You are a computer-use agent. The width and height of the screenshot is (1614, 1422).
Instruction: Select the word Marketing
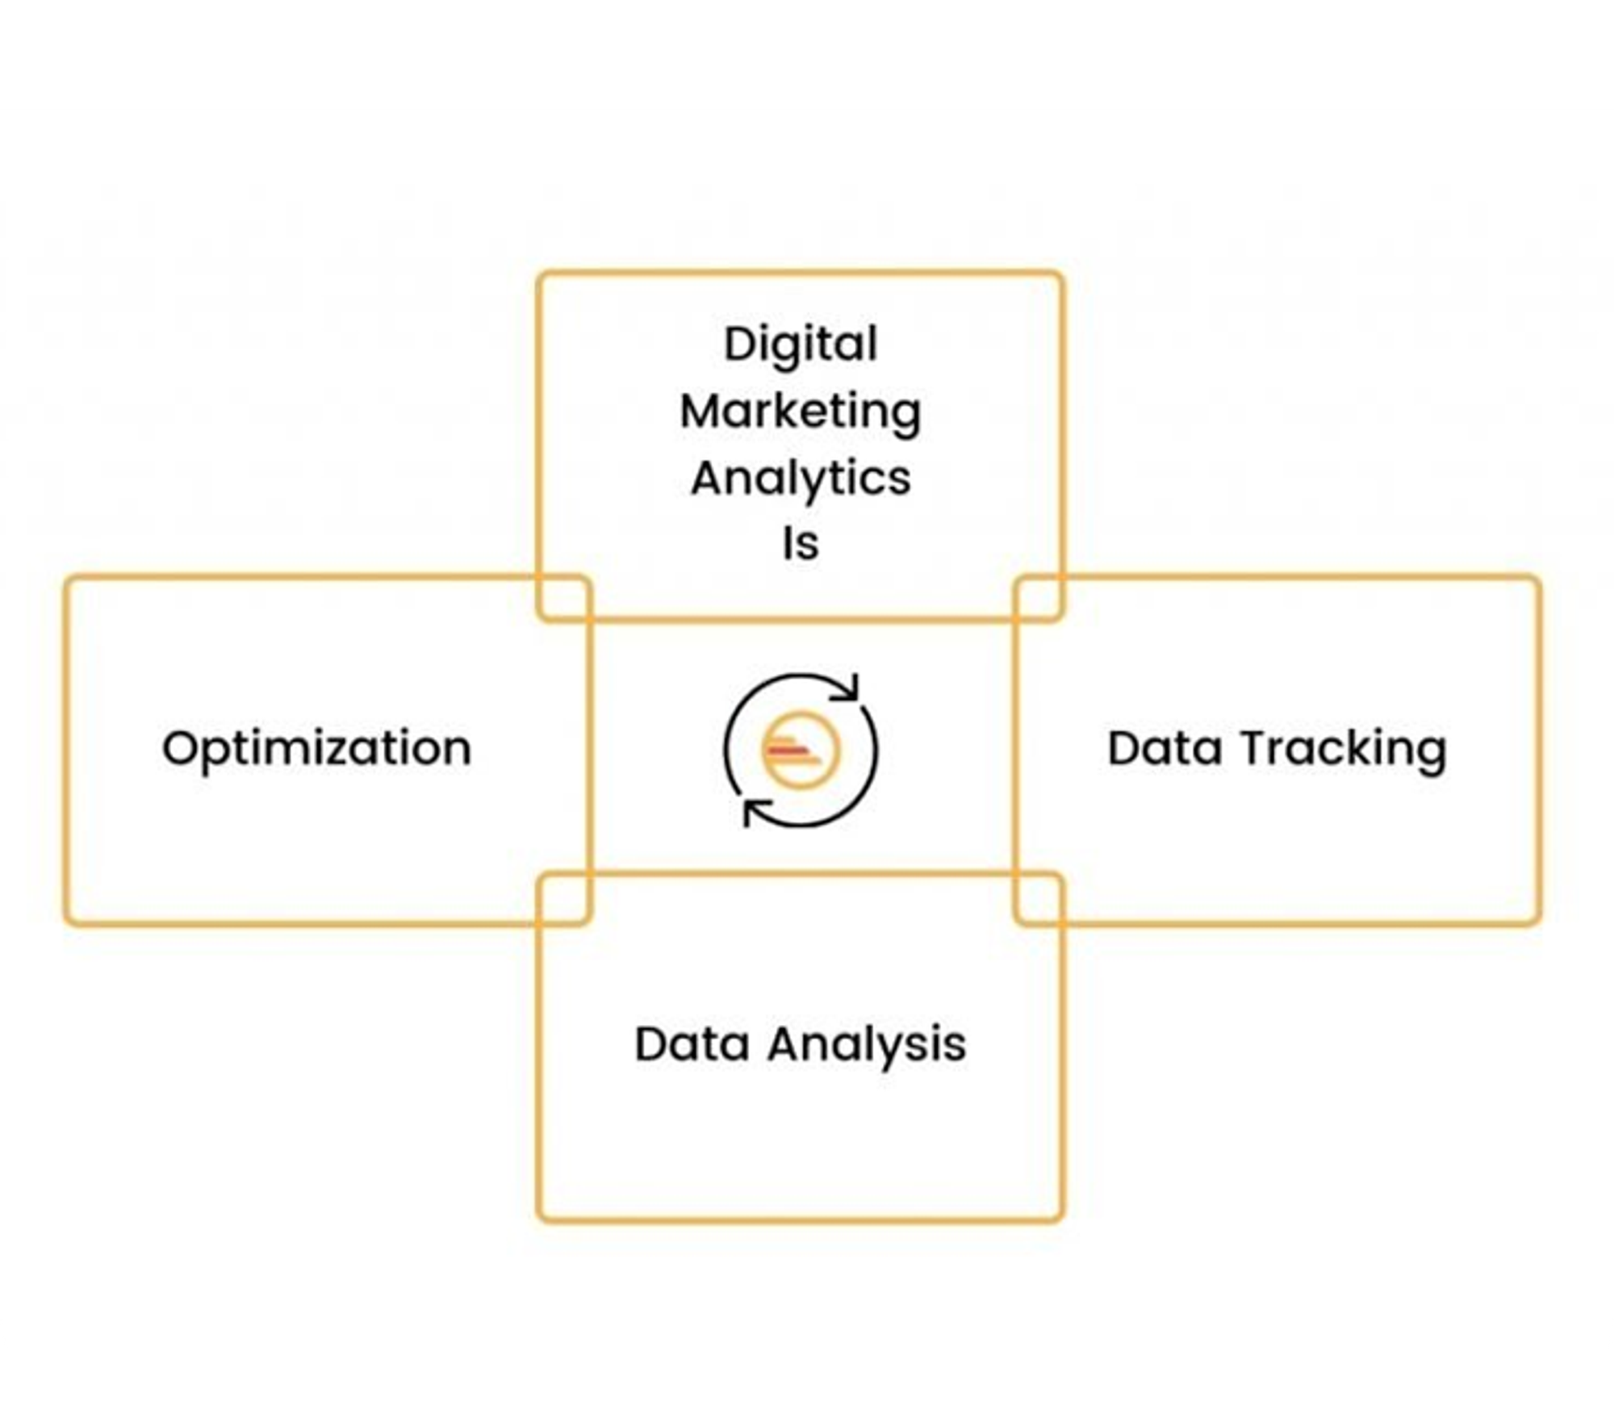point(801,413)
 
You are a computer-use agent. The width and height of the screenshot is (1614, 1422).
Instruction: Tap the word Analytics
point(801,479)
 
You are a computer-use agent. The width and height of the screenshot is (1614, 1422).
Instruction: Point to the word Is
point(801,544)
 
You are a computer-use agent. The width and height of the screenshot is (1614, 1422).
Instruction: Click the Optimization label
point(316,749)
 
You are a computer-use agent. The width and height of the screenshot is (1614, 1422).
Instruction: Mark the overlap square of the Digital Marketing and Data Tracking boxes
point(1039,598)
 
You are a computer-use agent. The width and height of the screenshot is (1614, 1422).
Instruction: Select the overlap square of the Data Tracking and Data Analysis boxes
point(1039,897)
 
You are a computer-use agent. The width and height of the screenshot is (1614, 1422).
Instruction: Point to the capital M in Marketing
point(700,412)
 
